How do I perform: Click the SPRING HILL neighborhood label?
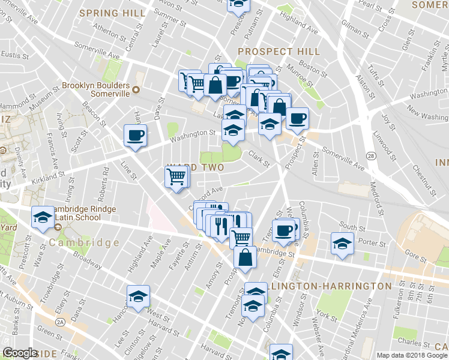(112, 13)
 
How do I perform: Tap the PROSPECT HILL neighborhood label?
(277, 52)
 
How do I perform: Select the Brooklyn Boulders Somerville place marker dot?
(136, 90)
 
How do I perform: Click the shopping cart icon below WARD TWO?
(176, 176)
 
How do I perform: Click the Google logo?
(20, 353)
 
